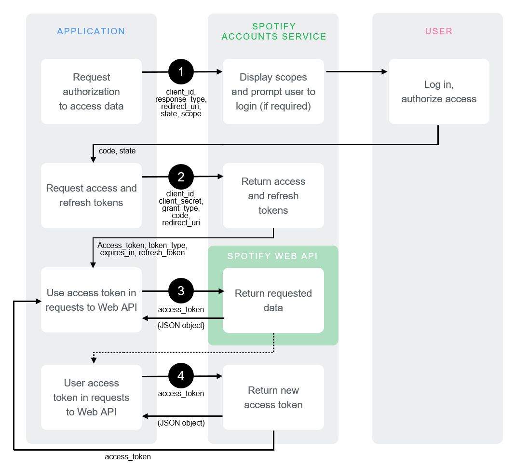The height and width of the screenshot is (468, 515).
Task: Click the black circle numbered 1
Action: tap(181, 72)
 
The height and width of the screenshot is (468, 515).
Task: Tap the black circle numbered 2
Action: tap(181, 177)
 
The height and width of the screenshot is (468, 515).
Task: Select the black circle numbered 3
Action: tap(181, 291)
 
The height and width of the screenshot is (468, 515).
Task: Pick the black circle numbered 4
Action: tap(181, 376)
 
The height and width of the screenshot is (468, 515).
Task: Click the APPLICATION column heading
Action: tap(91, 31)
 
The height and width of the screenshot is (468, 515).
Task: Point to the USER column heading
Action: tap(439, 31)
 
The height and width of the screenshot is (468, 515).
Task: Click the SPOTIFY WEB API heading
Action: tap(272, 256)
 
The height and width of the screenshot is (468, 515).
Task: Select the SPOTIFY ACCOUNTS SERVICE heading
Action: tap(273, 31)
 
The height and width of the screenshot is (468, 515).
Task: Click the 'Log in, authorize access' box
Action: tap(439, 92)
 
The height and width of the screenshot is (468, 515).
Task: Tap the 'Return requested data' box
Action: tap(273, 300)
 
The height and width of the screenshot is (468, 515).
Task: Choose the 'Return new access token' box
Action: tap(273, 397)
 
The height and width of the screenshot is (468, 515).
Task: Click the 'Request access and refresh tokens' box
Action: tap(91, 195)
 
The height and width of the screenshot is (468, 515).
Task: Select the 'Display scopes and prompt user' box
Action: tap(273, 92)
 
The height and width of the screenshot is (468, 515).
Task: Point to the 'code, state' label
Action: tap(117, 151)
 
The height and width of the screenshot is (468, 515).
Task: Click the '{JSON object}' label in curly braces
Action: tap(181, 326)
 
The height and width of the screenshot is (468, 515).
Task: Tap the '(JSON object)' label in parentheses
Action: tap(181, 423)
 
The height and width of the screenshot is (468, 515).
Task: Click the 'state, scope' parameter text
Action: tap(181, 114)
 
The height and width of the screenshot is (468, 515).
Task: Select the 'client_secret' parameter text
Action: tap(181, 201)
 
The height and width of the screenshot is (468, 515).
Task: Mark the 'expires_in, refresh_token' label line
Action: tap(142, 252)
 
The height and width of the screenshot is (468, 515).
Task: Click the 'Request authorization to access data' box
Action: tap(91, 92)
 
